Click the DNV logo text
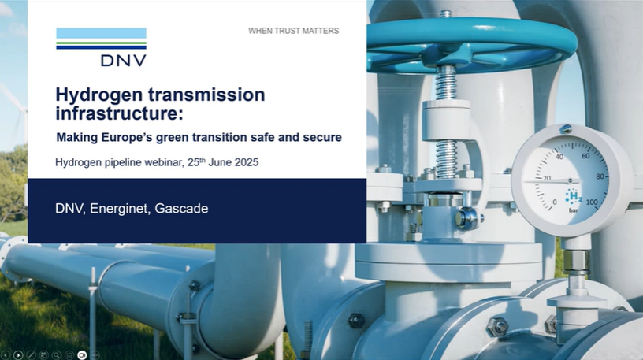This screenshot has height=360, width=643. [123, 61]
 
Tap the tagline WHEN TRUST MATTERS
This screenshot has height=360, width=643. [294, 31]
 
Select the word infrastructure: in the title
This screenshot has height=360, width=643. [119, 113]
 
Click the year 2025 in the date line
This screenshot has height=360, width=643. [247, 162]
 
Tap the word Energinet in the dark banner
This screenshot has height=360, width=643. [118, 209]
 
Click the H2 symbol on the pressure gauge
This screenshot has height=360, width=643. [574, 197]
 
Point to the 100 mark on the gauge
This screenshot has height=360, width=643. [591, 202]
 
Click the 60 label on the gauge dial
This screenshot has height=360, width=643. [585, 156]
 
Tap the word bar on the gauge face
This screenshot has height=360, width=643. [574, 210]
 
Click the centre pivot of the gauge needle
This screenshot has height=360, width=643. [570, 181]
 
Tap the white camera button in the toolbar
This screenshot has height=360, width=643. [82, 354]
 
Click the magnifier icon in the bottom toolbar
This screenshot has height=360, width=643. [57, 355]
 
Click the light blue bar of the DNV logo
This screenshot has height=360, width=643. [102, 33]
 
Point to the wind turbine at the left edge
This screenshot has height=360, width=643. [17, 111]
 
